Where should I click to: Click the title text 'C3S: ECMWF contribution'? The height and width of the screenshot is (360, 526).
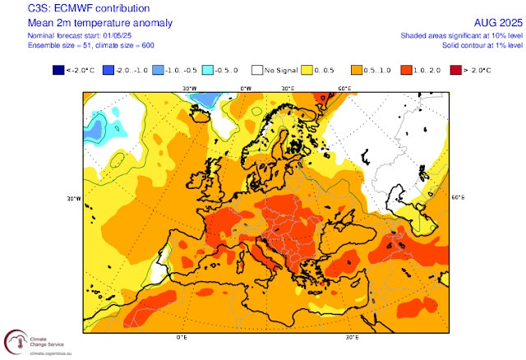(x=60, y=8)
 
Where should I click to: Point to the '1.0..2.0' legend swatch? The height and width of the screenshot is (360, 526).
(x=406, y=71)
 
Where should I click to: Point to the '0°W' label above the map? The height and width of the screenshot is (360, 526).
(x=245, y=86)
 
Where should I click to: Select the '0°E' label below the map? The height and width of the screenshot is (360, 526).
(x=182, y=338)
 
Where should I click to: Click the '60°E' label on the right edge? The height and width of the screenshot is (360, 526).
(x=458, y=198)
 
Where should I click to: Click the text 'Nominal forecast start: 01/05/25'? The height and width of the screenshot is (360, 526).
(x=52, y=35)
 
